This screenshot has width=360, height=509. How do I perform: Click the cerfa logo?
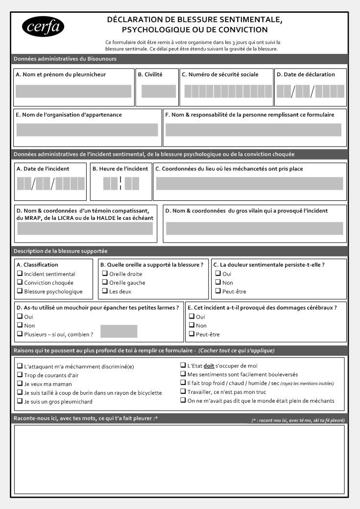43,27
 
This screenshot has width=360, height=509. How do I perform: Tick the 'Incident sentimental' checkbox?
20,274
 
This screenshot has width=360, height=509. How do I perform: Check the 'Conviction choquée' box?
20,283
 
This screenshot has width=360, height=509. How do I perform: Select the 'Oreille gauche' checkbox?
105,283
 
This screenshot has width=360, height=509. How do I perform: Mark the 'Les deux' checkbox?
105,291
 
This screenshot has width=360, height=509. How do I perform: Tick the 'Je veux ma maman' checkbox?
20,384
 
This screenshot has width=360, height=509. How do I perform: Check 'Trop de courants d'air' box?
20,375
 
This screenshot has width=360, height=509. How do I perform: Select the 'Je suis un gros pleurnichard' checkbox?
20,402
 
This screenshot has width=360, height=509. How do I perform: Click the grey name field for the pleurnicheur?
73,91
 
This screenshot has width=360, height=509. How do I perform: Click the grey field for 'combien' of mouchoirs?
119,332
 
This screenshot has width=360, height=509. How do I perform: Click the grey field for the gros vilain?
254,228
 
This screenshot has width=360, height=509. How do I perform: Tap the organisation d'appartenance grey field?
87,130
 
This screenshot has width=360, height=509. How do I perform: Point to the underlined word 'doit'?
209,366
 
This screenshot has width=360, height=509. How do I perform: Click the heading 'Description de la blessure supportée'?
61,251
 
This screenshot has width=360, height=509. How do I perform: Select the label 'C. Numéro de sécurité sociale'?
220,74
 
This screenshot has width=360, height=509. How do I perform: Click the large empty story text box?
179,460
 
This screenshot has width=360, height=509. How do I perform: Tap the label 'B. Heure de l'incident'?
120,169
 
